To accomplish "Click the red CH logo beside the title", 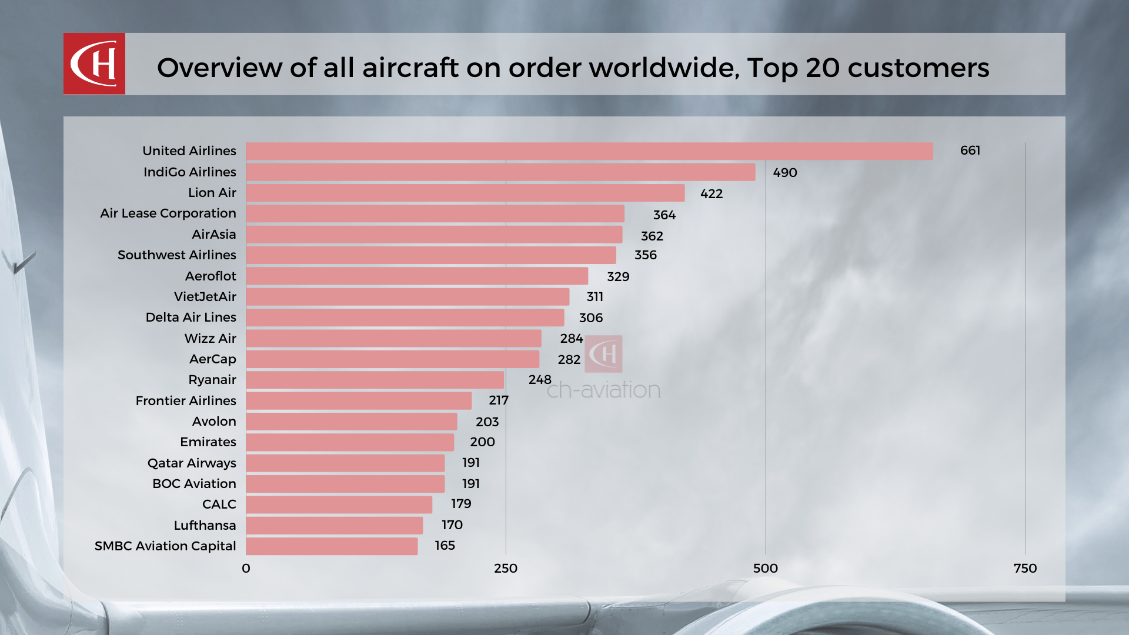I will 94,63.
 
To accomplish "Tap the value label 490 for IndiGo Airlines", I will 784,173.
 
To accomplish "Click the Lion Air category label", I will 212,193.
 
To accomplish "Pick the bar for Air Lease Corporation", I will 435,213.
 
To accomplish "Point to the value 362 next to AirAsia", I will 652,236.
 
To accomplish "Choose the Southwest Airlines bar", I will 431,255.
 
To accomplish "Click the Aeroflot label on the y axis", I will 211,276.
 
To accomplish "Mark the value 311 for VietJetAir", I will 594,297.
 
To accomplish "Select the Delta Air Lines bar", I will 405,317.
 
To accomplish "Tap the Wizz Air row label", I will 210,339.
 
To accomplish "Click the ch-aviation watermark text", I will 603,390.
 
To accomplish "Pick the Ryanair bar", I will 375,380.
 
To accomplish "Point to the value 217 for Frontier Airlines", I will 498,400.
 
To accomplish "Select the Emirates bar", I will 350,442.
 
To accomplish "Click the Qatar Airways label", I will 192,463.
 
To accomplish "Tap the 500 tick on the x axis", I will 765,569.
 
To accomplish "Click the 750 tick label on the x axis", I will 1025,569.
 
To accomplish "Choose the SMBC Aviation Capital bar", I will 332,546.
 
